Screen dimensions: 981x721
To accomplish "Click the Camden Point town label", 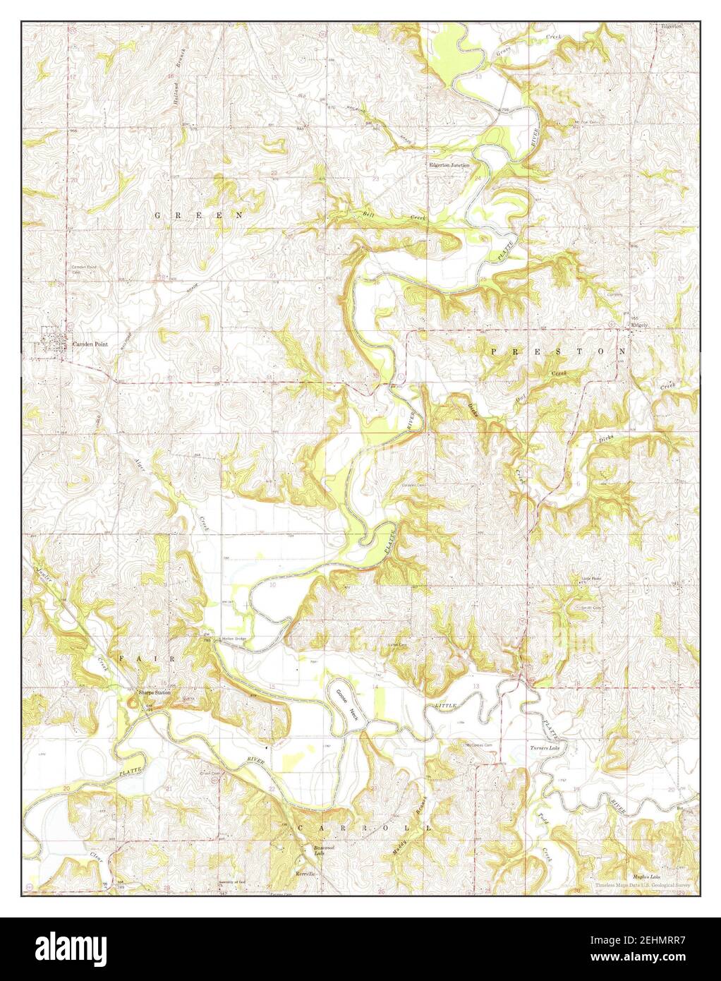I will [x=89, y=344].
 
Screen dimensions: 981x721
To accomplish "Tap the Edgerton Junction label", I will [x=449, y=165].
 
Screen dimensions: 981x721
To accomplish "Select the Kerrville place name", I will [x=305, y=873].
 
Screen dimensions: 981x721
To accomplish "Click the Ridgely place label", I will [x=638, y=326].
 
